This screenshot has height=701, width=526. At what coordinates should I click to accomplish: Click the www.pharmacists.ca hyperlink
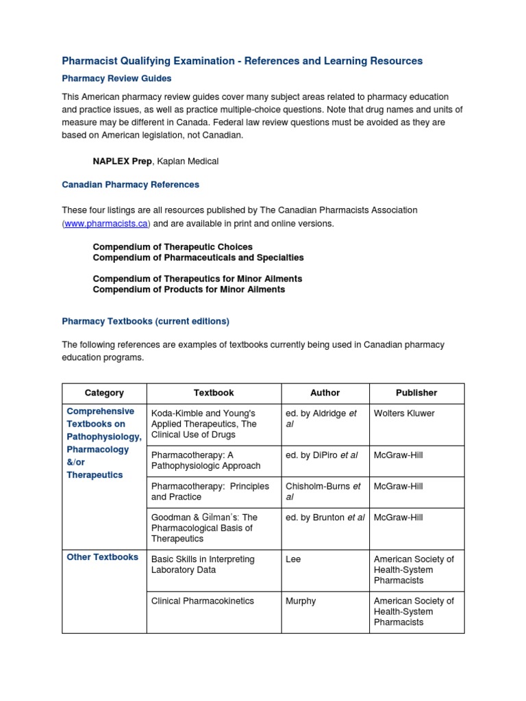[x=106, y=224]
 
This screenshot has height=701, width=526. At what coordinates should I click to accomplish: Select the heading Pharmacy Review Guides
[x=116, y=79]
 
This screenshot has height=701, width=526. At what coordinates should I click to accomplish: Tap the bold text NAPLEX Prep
[x=122, y=161]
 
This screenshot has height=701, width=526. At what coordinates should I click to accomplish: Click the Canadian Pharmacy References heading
[x=130, y=185]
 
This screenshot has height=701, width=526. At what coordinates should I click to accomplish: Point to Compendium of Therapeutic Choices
[x=173, y=246]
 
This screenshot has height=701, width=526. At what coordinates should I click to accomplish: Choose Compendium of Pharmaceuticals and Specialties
[x=198, y=257]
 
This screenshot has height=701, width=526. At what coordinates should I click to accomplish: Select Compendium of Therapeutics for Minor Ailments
[x=197, y=279]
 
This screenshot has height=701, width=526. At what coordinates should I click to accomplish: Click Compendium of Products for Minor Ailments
[x=189, y=290]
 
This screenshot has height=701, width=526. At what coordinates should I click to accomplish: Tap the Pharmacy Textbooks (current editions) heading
[x=145, y=321]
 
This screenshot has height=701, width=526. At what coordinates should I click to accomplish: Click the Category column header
[x=104, y=393]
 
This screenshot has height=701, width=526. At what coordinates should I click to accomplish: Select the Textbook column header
[x=214, y=393]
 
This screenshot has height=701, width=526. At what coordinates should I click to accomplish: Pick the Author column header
[x=325, y=393]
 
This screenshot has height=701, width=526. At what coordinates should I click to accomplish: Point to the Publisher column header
[x=416, y=393]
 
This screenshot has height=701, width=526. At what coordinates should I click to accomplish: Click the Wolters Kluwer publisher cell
[x=404, y=413]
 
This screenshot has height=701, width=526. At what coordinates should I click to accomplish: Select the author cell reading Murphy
[x=301, y=601]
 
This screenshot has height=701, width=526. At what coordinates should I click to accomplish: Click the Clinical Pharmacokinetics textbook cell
[x=203, y=601]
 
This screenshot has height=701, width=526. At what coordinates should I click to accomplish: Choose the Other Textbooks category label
[x=103, y=557]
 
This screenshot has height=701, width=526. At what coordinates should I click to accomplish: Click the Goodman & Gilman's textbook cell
[x=204, y=528]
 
